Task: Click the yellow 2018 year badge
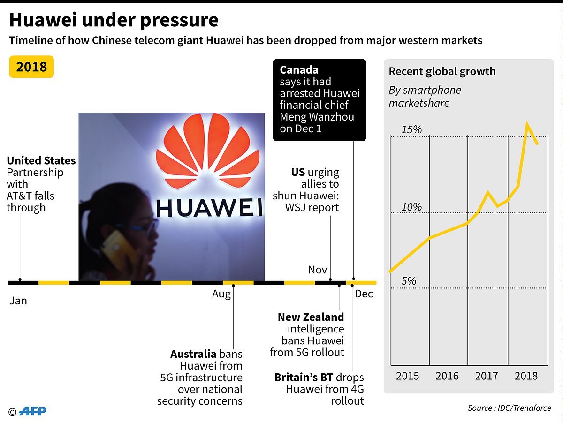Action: click(x=31, y=67)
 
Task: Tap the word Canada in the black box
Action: click(x=299, y=70)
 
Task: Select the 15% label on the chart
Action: click(x=411, y=129)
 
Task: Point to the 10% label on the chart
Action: click(x=411, y=207)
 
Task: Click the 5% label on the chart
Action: click(x=409, y=281)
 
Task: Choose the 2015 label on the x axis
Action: click(x=408, y=376)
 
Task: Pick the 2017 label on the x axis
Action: click(x=487, y=376)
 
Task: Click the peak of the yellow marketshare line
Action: click(x=528, y=124)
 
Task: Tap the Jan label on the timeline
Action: click(x=18, y=301)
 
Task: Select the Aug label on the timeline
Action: click(x=221, y=294)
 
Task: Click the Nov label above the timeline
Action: click(x=318, y=270)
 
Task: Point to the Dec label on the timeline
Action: click(x=364, y=294)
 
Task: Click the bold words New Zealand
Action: click(x=311, y=317)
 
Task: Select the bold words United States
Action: click(x=41, y=160)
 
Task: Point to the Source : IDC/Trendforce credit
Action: click(x=509, y=408)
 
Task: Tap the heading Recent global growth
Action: click(x=442, y=71)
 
